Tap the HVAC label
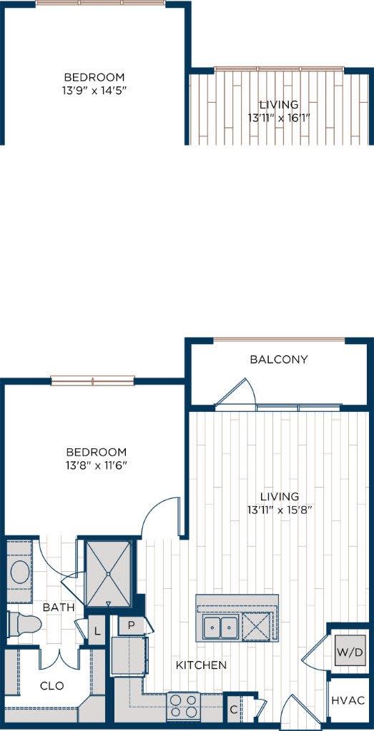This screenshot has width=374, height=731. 348,701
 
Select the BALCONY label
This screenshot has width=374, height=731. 279,359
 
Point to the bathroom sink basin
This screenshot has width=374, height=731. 20,572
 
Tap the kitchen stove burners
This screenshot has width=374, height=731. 182,706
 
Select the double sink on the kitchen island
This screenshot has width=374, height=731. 220,628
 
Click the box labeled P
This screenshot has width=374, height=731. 132,625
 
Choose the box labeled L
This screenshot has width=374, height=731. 97,631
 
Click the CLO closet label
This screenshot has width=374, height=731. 51,686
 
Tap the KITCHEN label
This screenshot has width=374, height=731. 202,665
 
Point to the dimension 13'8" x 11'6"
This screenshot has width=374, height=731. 96,465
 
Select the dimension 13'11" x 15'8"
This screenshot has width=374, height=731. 280,510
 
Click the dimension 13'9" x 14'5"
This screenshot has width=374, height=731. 94,91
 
